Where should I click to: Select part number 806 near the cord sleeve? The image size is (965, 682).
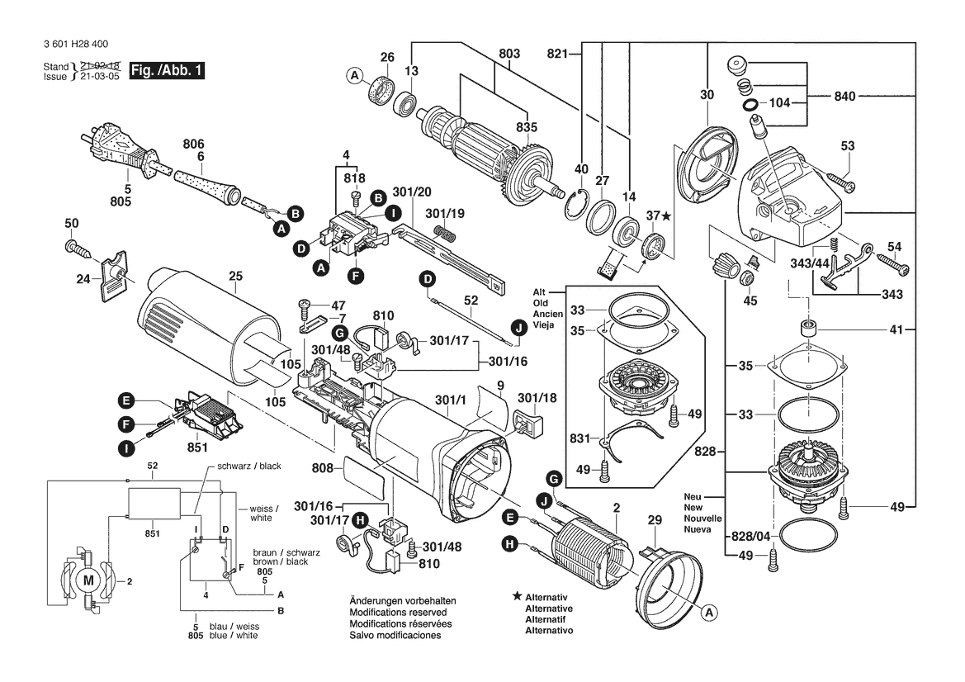193,143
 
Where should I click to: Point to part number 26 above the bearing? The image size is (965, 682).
387,57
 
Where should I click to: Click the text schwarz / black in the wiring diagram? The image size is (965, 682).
248,467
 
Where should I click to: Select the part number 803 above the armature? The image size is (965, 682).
509,54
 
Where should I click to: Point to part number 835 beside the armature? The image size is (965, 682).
526,127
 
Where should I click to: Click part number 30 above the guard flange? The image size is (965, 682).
707,96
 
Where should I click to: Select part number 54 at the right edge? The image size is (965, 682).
894,247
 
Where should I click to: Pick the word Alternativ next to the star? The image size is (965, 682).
549,596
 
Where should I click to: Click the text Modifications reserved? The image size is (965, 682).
398,613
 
